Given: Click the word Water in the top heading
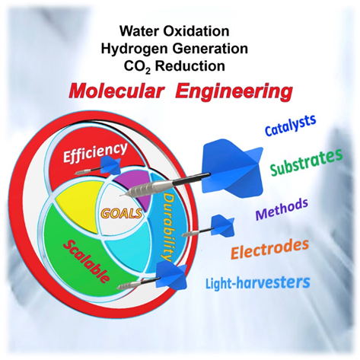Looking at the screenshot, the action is click(139, 31).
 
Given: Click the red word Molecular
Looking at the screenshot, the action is click(115, 91).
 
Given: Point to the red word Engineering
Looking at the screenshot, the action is click(234, 92).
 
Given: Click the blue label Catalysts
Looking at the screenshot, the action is click(291, 125).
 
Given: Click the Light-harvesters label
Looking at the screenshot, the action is click(258, 282).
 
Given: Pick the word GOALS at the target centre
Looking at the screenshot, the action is click(121, 214).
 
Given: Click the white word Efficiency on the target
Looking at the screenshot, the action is click(94, 153).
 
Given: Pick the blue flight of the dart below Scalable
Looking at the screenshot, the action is click(172, 276).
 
